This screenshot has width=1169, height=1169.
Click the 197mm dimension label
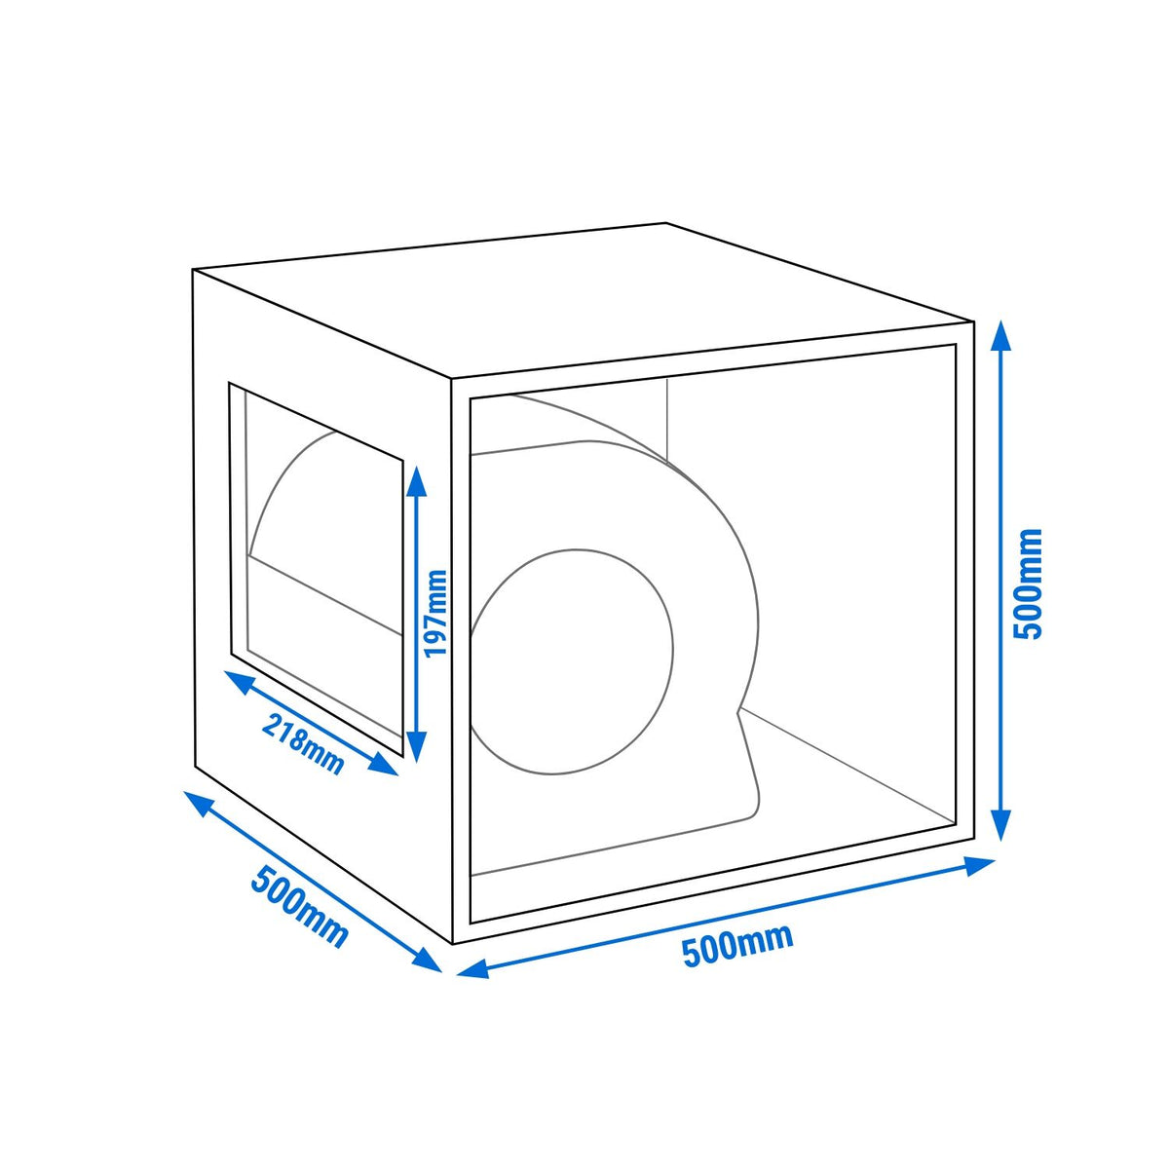[x=435, y=614]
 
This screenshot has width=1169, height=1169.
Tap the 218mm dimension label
[x=303, y=745]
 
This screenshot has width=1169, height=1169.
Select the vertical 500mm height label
[x=1030, y=584]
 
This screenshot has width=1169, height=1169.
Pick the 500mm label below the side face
[x=299, y=906]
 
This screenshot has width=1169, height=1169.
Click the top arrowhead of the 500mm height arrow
[x=1001, y=334]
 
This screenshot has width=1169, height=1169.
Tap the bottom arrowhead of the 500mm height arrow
[x=1001, y=827]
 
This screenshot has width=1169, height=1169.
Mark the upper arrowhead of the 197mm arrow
[x=416, y=479]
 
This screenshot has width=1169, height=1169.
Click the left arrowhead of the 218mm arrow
[x=237, y=681]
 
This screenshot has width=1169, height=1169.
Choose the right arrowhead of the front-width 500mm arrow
[x=978, y=864]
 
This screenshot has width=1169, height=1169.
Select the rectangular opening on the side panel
[x=316, y=569]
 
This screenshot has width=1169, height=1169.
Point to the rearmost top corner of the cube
[x=666, y=223]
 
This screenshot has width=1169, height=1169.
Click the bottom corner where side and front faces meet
[x=453, y=944]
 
